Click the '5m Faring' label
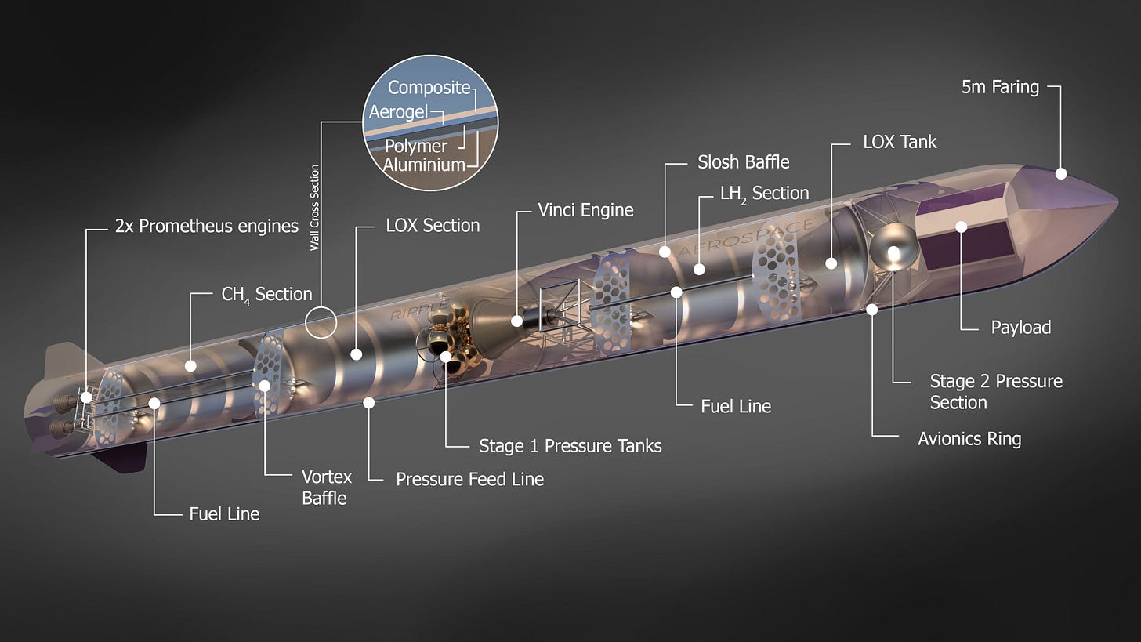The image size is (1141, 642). [1000, 87]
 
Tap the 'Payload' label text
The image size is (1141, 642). [1020, 327]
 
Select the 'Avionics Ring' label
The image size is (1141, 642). [969, 438]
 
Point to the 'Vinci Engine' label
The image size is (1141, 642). [585, 210]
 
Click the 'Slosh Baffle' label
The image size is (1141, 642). [743, 162]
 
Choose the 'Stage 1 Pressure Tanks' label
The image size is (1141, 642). [570, 446]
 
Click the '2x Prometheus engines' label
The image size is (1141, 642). [206, 227]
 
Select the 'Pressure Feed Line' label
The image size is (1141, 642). [469, 479]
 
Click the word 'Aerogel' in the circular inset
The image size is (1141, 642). [398, 112]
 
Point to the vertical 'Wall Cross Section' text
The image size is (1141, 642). [315, 207]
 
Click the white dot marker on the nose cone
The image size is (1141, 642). [1061, 173]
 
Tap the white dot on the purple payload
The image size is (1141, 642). [961, 227]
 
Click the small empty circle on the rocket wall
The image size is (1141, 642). [320, 322]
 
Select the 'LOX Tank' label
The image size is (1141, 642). [899, 142]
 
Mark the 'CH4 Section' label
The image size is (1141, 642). [266, 294]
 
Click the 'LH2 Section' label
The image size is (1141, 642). [764, 193]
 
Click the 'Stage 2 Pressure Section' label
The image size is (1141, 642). [995, 391]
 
